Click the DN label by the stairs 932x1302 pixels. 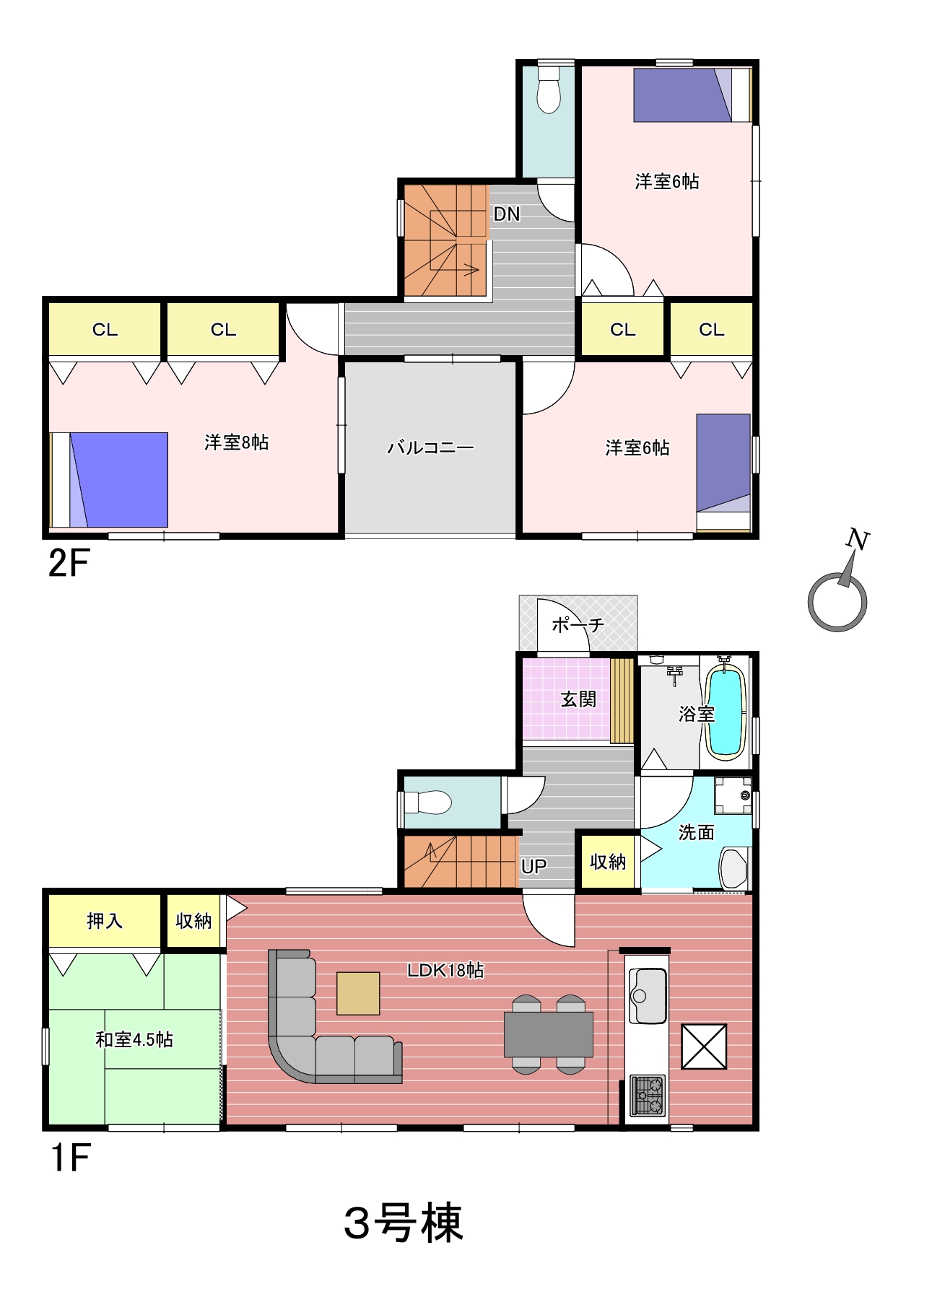(x=506, y=214)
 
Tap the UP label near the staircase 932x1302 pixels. (x=533, y=866)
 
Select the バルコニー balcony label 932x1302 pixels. (x=430, y=447)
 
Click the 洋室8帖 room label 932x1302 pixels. (x=236, y=442)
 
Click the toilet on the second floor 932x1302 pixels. (x=549, y=88)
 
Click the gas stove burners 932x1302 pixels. (x=648, y=1096)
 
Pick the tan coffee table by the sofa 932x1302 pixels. (x=358, y=993)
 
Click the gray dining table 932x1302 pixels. (x=549, y=1034)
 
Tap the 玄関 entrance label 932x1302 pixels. (x=578, y=699)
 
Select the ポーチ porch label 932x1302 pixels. (x=578, y=624)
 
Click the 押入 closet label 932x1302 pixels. (x=105, y=921)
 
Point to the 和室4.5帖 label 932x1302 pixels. (x=134, y=1039)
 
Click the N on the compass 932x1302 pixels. (x=858, y=539)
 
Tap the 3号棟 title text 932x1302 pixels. (x=403, y=1223)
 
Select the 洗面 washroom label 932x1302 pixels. (x=696, y=832)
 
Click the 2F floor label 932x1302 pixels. (x=69, y=563)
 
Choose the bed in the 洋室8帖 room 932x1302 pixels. (x=109, y=480)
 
